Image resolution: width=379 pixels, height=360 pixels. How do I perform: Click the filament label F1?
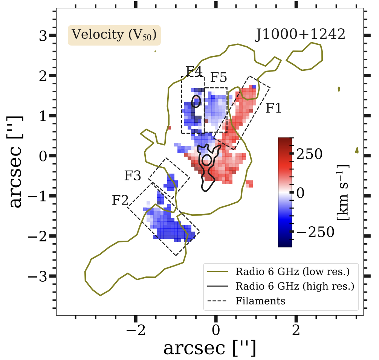tap(274, 108)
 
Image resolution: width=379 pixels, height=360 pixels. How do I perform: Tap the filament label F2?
tap(120, 200)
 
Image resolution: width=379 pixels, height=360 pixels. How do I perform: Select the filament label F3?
tap(133, 176)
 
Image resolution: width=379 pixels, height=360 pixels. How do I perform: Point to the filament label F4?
tap(194, 71)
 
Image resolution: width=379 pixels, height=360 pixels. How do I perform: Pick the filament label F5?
tap(219, 78)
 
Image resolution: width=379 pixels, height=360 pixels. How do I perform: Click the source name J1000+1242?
tap(300, 35)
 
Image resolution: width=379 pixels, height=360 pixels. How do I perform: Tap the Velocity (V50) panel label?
tap(114, 35)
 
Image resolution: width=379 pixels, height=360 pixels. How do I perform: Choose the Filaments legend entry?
tap(260, 301)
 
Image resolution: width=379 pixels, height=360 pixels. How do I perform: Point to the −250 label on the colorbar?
tap(315, 232)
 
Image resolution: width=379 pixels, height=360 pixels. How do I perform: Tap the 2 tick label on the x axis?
tap(296, 333)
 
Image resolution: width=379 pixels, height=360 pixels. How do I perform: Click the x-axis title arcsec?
tap(209, 349)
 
